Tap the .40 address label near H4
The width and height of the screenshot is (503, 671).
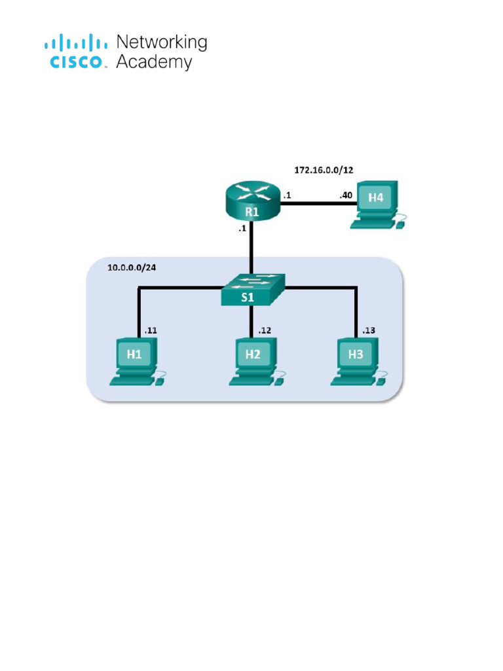click(x=345, y=195)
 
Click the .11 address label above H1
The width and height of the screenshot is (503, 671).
click(x=151, y=330)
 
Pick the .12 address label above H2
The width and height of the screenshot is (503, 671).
click(x=265, y=330)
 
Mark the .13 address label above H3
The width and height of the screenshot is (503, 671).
click(x=368, y=330)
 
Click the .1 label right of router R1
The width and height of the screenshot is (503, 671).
click(x=286, y=195)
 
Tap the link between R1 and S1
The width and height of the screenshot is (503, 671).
click(x=252, y=249)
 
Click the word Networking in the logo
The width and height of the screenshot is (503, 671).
click(x=161, y=43)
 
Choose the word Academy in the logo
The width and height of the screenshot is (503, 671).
click(x=154, y=62)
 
